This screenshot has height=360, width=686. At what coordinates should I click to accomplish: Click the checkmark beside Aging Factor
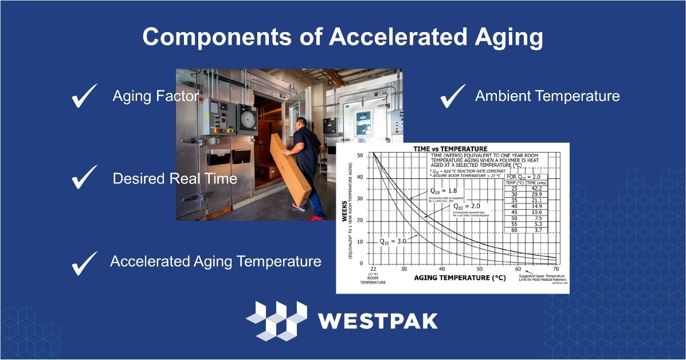(85, 96)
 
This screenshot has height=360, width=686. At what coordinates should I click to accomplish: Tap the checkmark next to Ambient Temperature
(452, 96)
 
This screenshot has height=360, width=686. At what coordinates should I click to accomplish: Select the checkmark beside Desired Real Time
(85, 178)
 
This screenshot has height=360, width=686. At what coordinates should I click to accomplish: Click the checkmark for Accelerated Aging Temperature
(85, 263)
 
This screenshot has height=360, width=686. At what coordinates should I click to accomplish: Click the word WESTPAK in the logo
(378, 320)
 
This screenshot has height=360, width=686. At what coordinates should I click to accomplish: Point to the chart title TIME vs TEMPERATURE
(450, 148)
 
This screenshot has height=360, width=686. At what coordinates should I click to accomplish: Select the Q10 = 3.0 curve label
(393, 241)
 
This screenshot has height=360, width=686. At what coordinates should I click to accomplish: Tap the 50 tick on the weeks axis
(360, 155)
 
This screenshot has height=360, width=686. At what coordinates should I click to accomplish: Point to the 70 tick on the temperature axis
(555, 269)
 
